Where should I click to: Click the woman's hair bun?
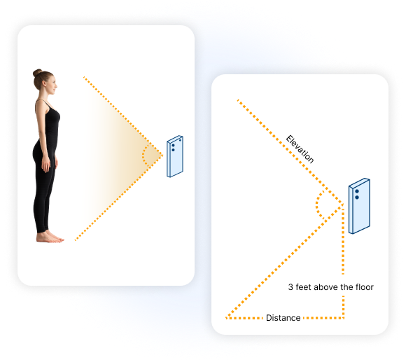(x=37, y=73)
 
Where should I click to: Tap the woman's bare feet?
(x=50, y=237)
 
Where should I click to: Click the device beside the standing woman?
(x=175, y=156)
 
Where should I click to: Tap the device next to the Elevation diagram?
(x=359, y=206)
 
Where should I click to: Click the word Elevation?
(x=300, y=149)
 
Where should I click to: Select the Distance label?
(x=283, y=318)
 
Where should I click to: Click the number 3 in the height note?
(x=290, y=287)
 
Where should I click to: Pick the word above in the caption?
(x=326, y=287)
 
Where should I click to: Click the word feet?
(x=304, y=287)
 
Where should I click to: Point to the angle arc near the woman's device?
(x=143, y=155)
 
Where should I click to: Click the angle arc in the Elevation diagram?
(x=316, y=206)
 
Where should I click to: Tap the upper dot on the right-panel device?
(x=357, y=191)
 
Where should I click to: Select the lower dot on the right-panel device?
(x=357, y=198)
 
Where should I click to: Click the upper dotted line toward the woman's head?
(x=122, y=116)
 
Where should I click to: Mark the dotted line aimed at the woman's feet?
(x=118, y=198)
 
